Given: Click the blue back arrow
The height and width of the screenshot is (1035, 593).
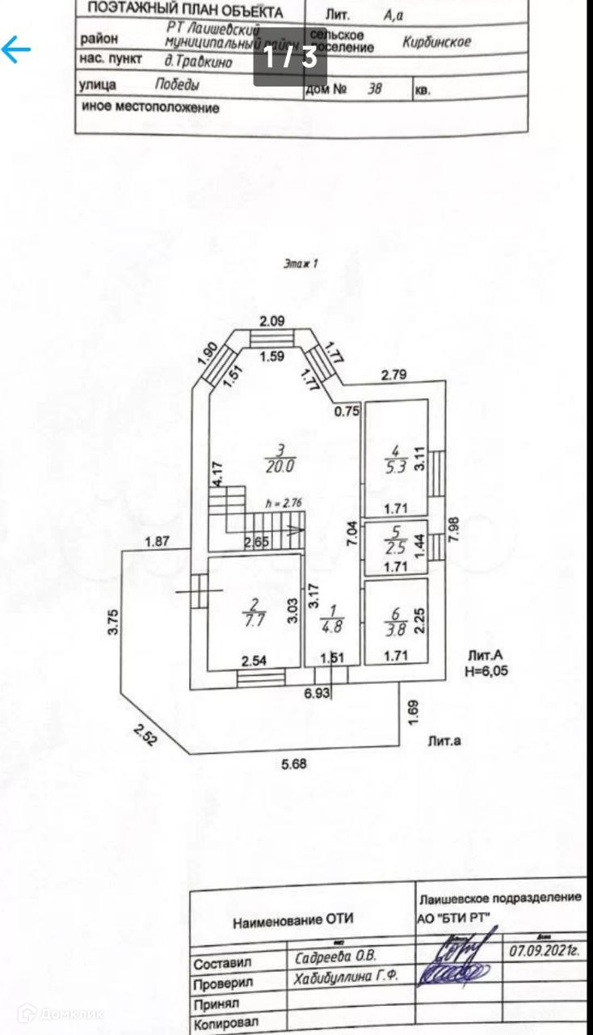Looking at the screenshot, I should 15,50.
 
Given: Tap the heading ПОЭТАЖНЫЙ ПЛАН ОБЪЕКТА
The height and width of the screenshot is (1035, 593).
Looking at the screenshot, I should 185,11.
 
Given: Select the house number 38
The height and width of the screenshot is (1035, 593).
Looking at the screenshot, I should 374,90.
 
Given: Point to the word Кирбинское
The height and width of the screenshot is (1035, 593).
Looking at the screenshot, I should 436,42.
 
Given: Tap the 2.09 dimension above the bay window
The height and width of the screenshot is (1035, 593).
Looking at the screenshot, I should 271,321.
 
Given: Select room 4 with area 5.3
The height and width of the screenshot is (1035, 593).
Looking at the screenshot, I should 395,457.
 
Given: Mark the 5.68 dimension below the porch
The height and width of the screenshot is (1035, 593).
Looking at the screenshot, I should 295,763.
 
